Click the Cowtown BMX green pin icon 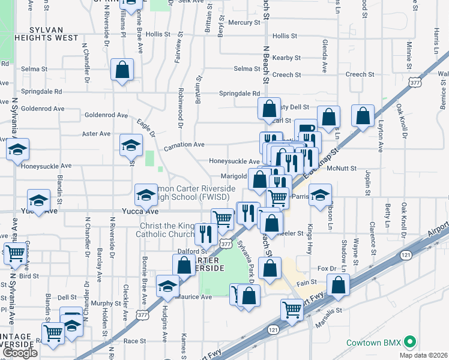tap(411, 343)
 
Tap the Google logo tap(20, 353)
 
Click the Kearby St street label tap(286, 58)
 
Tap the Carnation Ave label tap(185, 145)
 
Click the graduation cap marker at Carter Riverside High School tap(145, 194)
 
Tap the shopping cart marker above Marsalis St tap(292, 310)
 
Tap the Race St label tap(134, 341)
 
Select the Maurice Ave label tap(196, 297)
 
